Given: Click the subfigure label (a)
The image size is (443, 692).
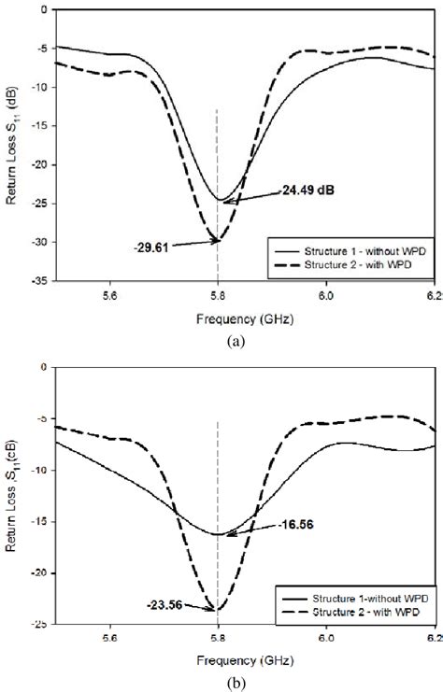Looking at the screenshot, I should (x=221, y=316).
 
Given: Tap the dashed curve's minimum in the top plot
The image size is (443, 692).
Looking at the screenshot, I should (x=218, y=240).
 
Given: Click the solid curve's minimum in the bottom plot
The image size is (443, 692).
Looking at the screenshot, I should (x=218, y=534).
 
